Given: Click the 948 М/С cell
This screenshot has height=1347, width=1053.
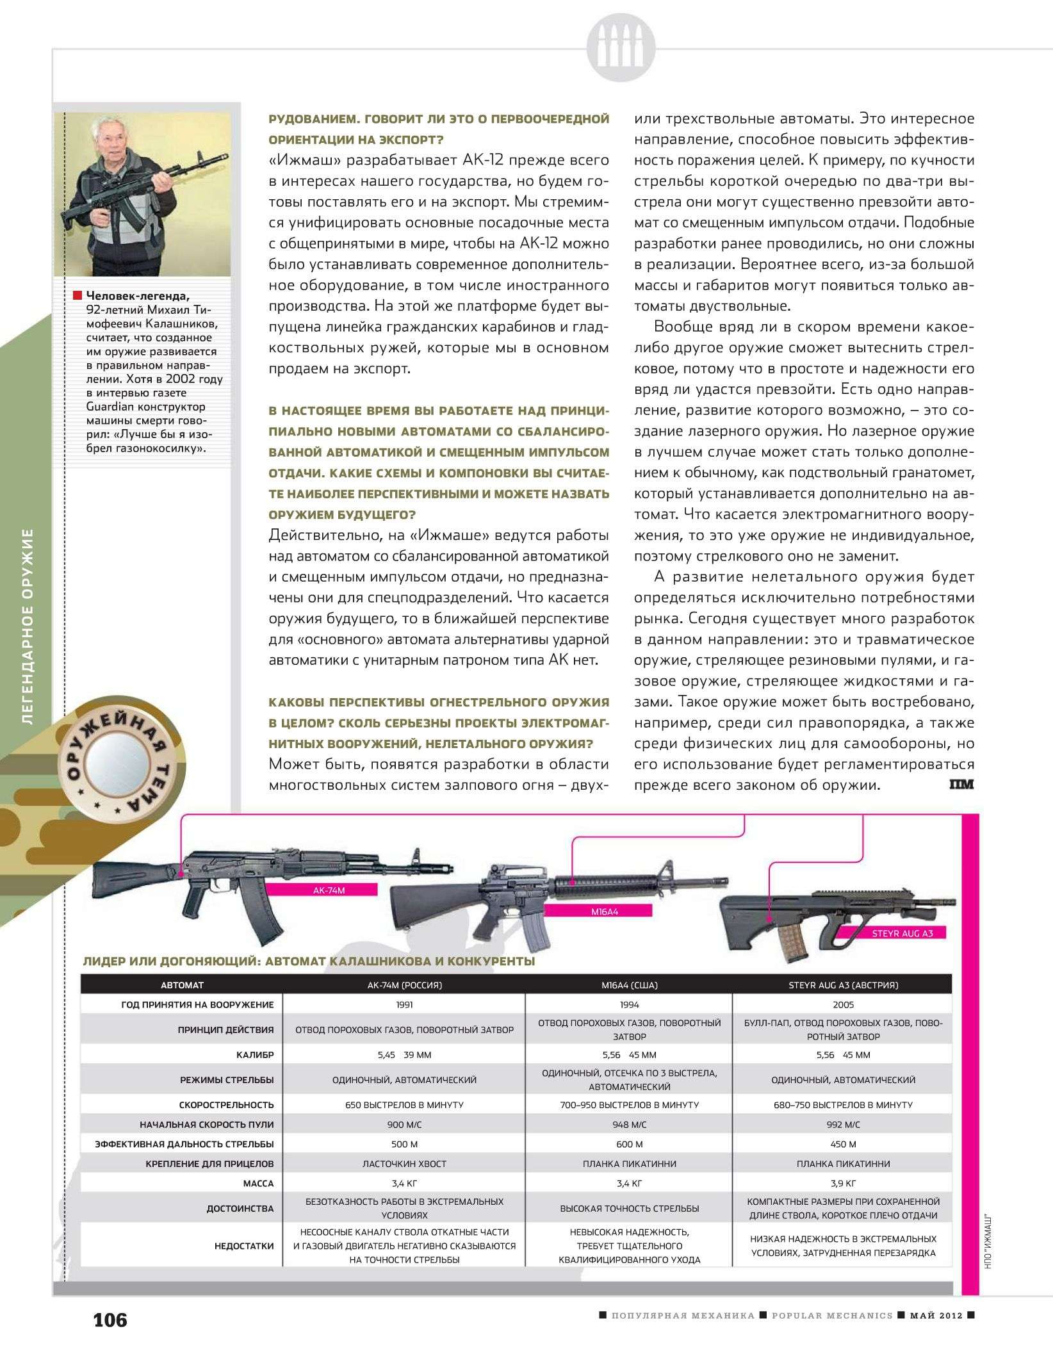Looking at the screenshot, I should tap(629, 1125).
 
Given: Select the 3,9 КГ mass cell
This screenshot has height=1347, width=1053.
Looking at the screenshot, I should tap(843, 1183).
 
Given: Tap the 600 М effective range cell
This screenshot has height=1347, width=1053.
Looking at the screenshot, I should tap(629, 1144).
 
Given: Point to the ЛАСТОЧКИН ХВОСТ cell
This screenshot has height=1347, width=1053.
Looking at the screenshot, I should tap(404, 1164).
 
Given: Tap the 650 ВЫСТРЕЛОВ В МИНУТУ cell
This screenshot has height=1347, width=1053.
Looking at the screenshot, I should tap(404, 1105).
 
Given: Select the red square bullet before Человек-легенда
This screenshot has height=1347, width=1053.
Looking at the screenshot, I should tap(78, 295).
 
